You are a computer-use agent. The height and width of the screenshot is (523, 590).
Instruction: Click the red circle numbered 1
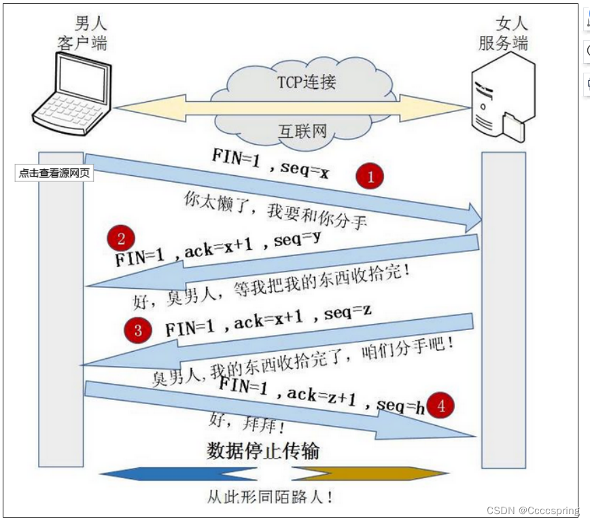point(370,177)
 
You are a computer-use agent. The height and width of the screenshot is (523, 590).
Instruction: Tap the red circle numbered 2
point(121,238)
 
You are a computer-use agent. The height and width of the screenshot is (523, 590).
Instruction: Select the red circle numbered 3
point(138,331)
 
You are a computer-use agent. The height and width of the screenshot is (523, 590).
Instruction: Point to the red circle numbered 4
point(441,406)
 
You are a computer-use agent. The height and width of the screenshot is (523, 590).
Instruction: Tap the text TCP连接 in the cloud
point(307,82)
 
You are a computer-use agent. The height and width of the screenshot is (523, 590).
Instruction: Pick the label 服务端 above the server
point(504,43)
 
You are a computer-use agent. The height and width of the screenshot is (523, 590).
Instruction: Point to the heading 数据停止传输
point(263,451)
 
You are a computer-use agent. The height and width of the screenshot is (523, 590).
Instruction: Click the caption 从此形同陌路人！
point(270,497)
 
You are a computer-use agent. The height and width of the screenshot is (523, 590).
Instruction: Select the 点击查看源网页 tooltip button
point(54,173)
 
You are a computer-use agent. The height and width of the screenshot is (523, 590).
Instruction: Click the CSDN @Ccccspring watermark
point(533,510)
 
